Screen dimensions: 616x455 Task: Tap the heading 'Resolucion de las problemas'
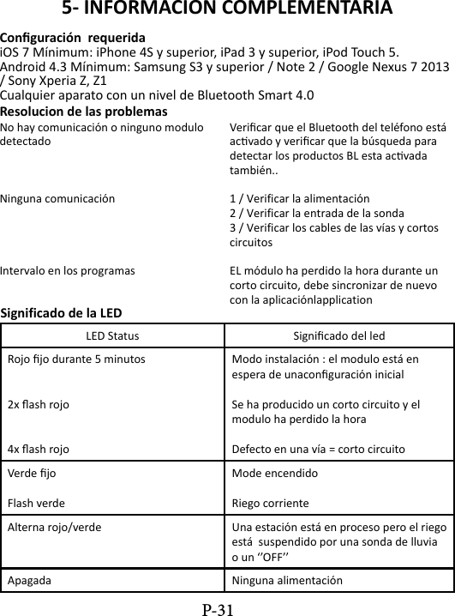click(x=84, y=112)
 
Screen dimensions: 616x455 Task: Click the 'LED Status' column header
click(x=112, y=334)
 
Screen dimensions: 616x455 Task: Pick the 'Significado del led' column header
click(x=338, y=334)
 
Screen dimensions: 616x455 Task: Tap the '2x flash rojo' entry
click(x=39, y=403)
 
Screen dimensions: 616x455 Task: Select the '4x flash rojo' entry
click(x=39, y=448)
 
